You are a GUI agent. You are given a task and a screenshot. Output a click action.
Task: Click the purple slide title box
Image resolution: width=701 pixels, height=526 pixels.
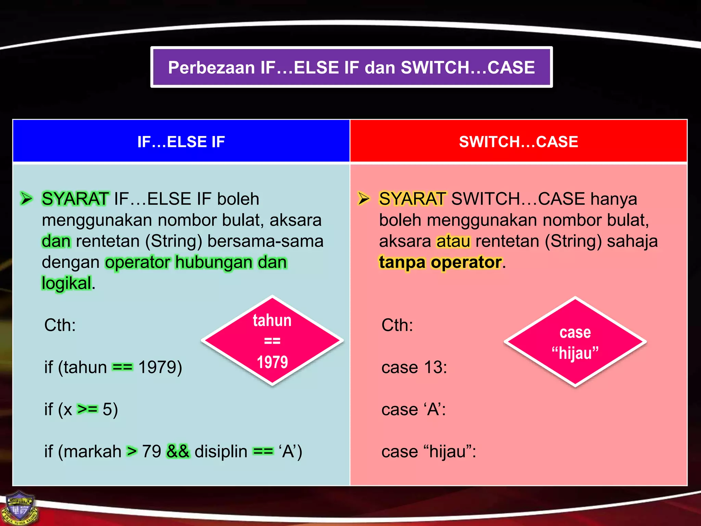point(351,67)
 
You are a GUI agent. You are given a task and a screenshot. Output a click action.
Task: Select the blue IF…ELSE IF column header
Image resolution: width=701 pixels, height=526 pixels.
point(181,141)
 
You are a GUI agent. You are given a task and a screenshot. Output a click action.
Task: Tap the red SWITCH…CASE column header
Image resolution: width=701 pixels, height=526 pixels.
point(518,141)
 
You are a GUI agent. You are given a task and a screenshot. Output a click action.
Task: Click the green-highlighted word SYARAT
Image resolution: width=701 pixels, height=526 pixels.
point(75,199)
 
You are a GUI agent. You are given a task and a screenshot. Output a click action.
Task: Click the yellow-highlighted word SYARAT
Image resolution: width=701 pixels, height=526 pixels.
point(412,199)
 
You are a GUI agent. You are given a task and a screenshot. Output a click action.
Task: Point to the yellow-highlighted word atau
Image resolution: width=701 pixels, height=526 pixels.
point(453,241)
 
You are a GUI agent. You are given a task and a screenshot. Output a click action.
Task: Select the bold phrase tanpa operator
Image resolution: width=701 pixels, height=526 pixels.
point(440,262)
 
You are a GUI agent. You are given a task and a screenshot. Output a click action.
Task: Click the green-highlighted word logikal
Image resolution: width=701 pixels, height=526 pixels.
point(66,284)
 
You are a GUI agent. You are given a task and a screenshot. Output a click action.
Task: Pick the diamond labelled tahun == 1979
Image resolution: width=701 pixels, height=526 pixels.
point(272,341)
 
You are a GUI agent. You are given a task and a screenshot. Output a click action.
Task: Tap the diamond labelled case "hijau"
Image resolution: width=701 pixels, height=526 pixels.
point(575,342)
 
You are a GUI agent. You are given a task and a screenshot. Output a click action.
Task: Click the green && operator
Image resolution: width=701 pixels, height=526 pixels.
point(178,451)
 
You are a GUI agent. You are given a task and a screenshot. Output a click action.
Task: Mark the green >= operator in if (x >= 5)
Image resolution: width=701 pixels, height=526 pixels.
point(87,409)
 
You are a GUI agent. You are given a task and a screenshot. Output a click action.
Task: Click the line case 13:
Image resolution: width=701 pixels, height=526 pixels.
point(414,367)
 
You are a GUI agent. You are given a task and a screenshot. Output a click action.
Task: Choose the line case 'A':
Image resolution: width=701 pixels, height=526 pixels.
point(413,410)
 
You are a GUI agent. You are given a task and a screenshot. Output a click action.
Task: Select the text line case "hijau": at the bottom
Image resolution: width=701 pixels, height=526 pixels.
point(429,452)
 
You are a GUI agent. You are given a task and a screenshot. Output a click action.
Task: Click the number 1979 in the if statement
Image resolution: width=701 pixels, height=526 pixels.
point(160,367)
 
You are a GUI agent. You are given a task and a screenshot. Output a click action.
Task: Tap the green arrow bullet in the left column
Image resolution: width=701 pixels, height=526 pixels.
point(26,199)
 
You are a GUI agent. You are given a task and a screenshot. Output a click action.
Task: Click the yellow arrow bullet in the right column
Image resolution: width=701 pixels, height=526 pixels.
point(364,199)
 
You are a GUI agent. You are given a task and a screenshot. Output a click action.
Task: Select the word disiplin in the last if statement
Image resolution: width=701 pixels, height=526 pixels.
point(221,452)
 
